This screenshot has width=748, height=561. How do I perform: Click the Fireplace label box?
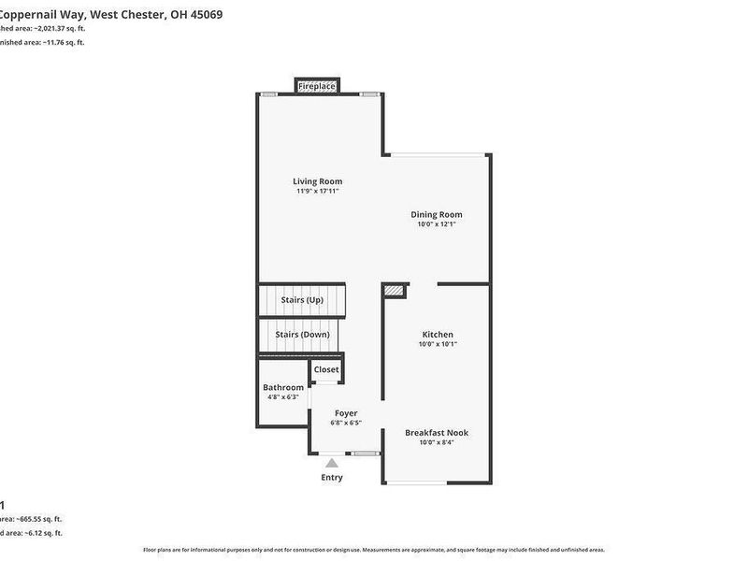pos(317,87)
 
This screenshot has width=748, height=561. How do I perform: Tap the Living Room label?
pos(317,181)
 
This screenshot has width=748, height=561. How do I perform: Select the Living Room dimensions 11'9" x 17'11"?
pos(317,192)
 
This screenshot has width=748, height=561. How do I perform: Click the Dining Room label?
pos(437,214)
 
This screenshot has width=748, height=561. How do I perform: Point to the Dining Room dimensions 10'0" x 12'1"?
pos(437,224)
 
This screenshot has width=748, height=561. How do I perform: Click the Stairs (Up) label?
pos(301,300)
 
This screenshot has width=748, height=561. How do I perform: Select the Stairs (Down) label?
pos(301,334)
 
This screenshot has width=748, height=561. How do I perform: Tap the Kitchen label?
pos(438,334)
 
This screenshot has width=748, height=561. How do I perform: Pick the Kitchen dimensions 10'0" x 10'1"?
pos(438,344)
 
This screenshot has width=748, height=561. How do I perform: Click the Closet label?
pos(326,369)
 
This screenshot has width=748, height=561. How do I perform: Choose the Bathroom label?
pos(283,387)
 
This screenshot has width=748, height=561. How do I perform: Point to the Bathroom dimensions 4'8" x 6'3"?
pos(283,397)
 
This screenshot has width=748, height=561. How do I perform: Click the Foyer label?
pos(346,412)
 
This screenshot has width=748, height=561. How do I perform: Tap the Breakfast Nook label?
pos(437,433)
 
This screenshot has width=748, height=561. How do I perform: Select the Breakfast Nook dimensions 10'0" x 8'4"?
pos(437,443)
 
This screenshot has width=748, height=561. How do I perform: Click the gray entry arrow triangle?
pos(331,461)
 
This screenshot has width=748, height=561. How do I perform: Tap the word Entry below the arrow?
pos(331,478)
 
